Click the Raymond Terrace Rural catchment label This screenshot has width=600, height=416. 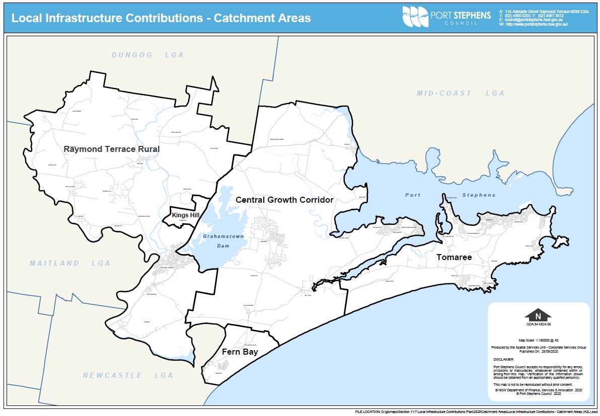click(111, 149)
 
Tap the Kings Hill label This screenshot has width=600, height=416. click(185, 215)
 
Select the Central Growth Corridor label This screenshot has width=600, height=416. click(284, 200)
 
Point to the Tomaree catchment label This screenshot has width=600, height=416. click(454, 257)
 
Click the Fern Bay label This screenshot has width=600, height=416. click(240, 352)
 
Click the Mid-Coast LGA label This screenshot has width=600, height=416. click(460, 93)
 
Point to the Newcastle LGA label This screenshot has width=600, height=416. click(128, 375)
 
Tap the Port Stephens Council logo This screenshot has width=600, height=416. click(446, 17)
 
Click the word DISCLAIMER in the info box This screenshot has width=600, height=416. click(503, 360)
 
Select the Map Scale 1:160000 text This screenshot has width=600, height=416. click(538, 340)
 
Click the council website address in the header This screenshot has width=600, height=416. click(537, 24)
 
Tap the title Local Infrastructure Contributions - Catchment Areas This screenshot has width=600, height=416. click(161, 18)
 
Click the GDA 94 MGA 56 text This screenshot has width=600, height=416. click(538, 324)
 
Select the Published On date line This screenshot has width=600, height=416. click(538, 351)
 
